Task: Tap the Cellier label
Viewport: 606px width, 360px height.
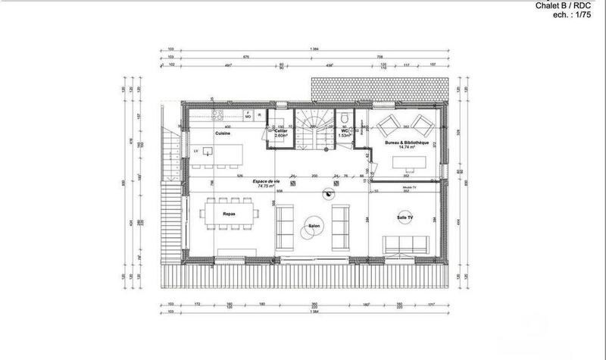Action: (280, 130)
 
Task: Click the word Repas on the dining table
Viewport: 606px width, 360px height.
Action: (228, 214)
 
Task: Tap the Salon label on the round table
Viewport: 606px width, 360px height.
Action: (313, 225)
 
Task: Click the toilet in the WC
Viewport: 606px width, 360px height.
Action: (345, 117)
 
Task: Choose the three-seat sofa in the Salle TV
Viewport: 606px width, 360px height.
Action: (408, 245)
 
